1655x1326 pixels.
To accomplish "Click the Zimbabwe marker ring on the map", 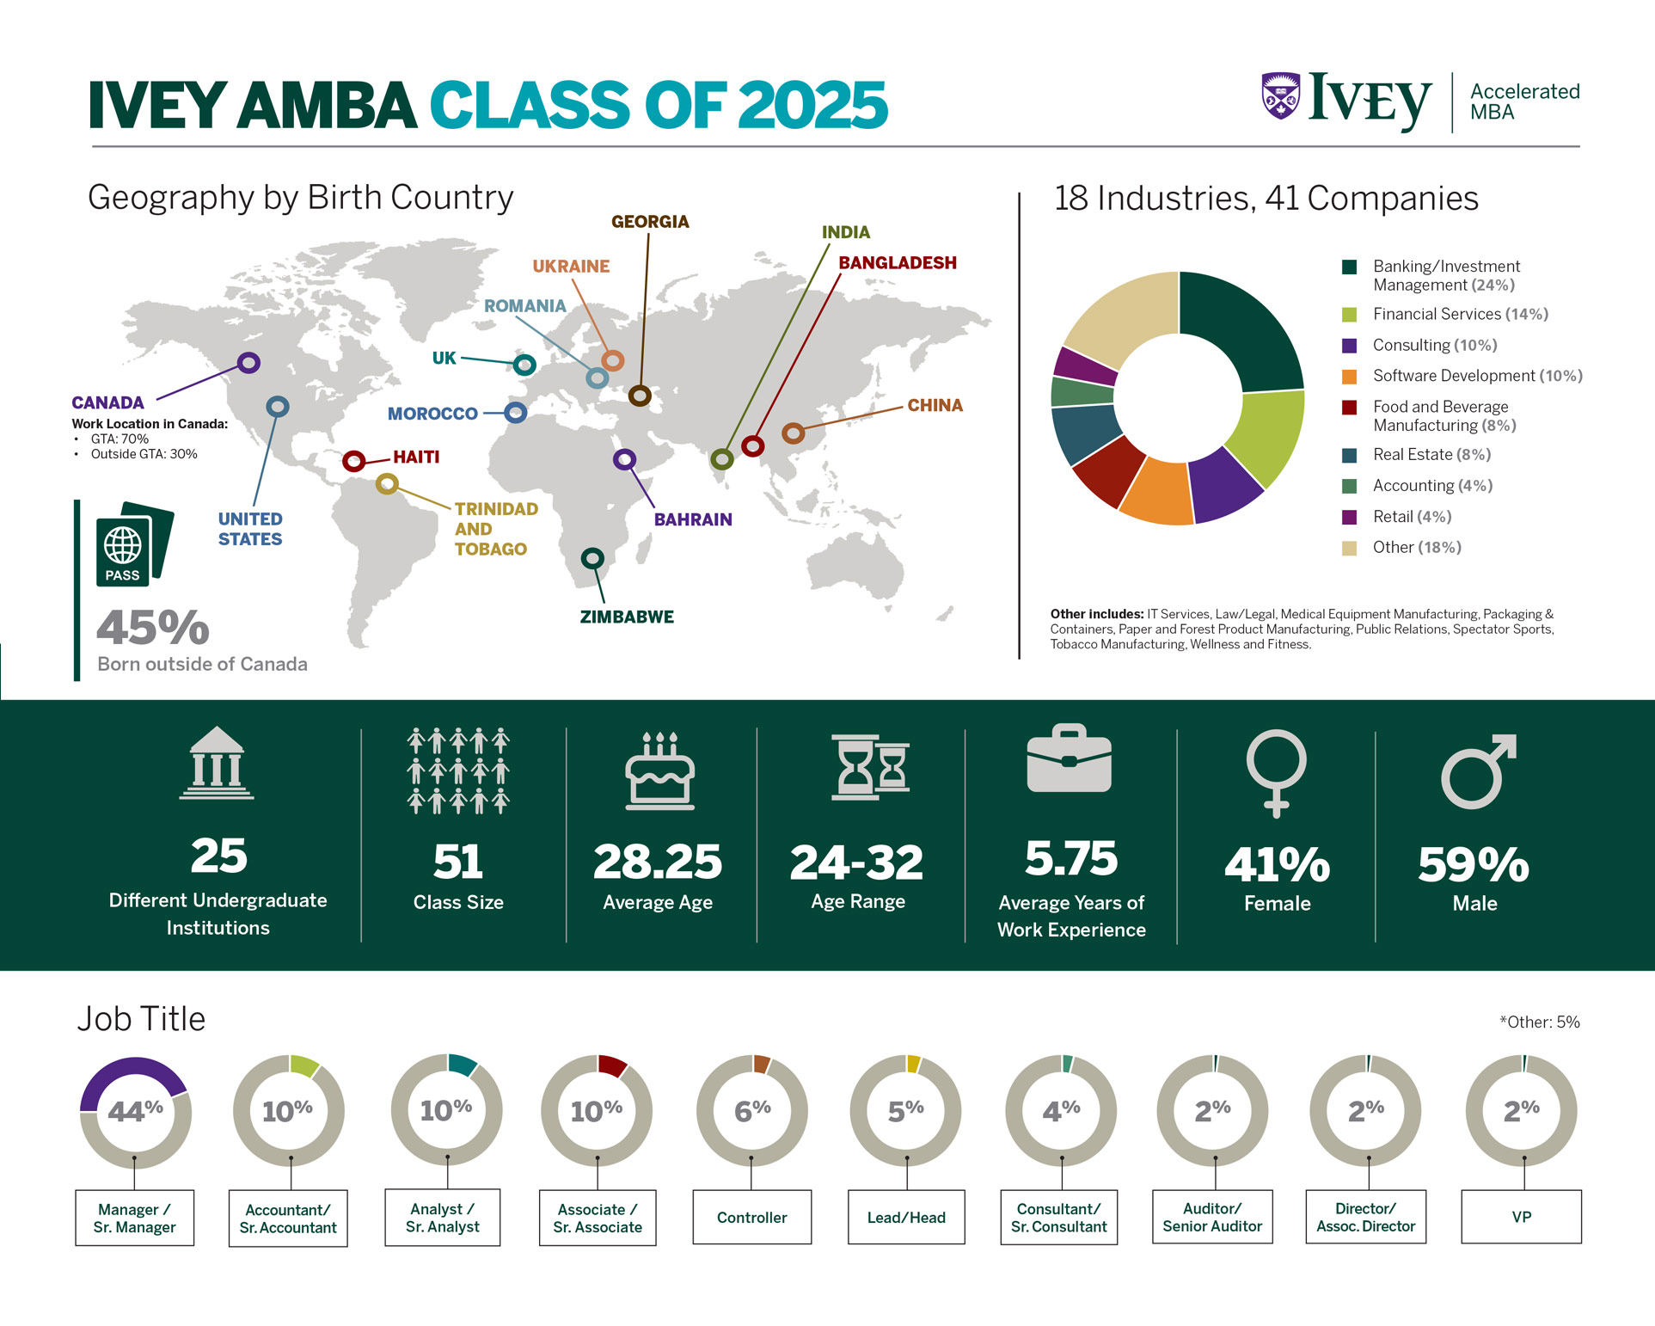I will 592,559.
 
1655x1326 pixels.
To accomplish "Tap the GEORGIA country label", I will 650,222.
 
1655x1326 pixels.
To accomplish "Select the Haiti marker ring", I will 353,462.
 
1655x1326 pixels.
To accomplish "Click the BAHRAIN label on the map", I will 693,519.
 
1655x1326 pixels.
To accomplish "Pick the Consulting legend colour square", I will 1350,346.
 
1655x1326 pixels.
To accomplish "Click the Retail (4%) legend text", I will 1412,517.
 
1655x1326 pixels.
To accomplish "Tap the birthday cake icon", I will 659,771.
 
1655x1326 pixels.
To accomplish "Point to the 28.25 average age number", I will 658,862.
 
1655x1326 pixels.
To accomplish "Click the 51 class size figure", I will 458,862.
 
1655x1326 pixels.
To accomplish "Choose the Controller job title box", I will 751,1217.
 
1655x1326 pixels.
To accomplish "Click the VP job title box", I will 1521,1217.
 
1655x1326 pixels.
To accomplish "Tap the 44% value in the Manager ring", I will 135,1111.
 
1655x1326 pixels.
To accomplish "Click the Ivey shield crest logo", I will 1280,95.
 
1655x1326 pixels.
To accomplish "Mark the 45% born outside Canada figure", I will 153,627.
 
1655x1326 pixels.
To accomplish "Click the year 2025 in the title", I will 812,106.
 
